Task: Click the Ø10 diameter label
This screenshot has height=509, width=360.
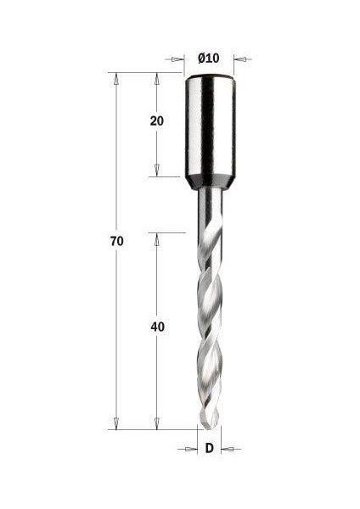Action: (x=209, y=58)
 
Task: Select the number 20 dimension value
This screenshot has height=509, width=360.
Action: (x=156, y=120)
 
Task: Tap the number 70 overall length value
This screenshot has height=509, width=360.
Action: (x=117, y=242)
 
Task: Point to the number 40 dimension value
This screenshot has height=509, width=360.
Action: (x=156, y=327)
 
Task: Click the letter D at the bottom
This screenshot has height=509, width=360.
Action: (x=209, y=448)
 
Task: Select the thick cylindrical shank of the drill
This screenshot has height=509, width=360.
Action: (x=209, y=127)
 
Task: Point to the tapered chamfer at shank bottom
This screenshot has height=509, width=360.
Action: (x=209, y=181)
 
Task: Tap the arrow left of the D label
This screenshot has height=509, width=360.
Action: (x=192, y=449)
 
